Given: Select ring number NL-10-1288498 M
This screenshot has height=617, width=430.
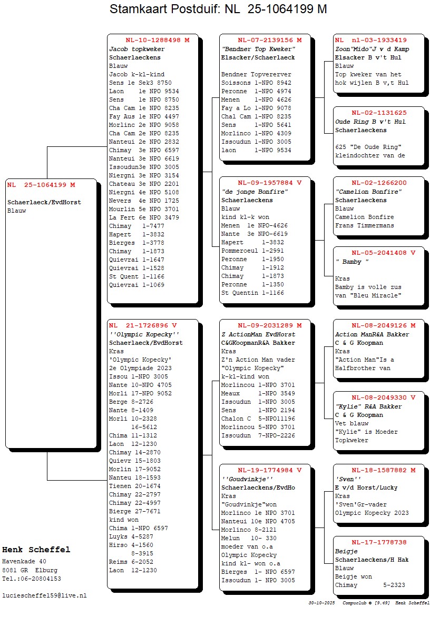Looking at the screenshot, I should tap(157, 40).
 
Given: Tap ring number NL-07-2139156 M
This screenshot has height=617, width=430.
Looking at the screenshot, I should tap(269, 40).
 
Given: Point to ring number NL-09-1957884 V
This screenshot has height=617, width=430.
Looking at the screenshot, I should tap(269, 183).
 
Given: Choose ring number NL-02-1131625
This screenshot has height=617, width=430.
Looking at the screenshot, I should tap(379, 113).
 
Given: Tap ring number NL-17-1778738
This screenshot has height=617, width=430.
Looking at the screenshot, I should tap(379, 542).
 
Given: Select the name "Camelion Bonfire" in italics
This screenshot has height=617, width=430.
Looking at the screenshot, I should tap(368, 192).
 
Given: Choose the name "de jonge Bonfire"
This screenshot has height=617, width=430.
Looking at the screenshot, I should tap(255, 192).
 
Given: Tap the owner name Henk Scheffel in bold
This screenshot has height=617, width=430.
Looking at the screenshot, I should tap(36, 550).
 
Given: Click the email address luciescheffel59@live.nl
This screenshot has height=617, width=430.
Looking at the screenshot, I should tap(44, 595).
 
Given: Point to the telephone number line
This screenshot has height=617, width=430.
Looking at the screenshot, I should tap(31, 579).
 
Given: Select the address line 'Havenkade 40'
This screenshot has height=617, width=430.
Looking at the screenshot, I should tap(24, 561).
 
